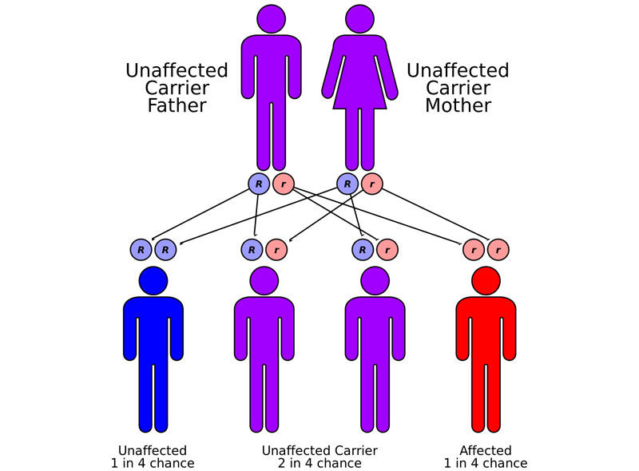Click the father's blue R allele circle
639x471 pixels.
259,184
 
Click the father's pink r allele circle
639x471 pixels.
284,184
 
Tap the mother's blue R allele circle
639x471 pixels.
347,184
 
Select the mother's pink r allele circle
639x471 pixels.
371,184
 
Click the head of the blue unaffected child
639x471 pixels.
153,280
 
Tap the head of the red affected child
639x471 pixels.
485,280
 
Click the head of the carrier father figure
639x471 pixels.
272,18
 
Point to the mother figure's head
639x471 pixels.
359,18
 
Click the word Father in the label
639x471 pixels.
177,105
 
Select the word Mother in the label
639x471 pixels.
458,105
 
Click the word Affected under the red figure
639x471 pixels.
485,450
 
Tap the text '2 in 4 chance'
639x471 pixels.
319,463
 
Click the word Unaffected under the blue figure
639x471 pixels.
153,450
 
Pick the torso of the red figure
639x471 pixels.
485,327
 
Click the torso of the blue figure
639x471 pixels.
153,327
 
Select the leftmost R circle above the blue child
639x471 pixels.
141,250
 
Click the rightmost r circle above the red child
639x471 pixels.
498,250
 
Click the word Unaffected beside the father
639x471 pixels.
177,70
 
